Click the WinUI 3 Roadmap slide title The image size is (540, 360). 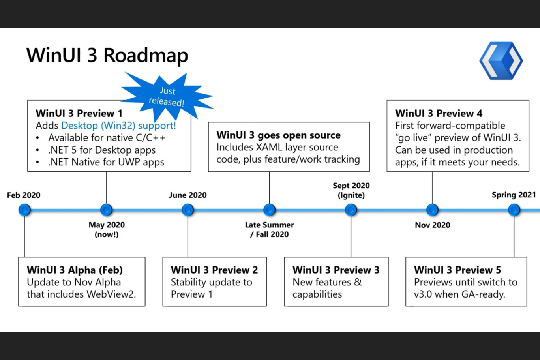click(107, 55)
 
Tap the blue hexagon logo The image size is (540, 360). click(501, 61)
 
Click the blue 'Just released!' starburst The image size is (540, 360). click(167, 96)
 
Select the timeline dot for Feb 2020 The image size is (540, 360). click(24, 210)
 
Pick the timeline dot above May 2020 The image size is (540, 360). click(106, 210)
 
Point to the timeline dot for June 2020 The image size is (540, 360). click(188, 210)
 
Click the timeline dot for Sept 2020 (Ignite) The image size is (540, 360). click(351, 210)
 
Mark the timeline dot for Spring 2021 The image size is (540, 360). click(514, 210)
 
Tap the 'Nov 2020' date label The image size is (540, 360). click(432, 225)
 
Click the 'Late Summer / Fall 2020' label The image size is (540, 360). click(270, 230)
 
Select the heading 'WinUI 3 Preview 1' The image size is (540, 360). click(79, 113)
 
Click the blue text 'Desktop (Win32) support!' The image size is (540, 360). click(118, 126)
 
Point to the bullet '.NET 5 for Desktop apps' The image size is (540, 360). click(102, 150)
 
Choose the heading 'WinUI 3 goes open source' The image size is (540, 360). click(278, 135)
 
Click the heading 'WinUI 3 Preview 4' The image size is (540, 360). click(439, 113)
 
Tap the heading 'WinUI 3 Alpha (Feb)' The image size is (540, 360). click(75, 270)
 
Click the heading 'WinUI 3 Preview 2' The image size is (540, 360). click(214, 270)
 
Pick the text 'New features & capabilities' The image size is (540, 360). click(327, 288)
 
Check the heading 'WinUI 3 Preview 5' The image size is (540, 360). click(457, 270)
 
